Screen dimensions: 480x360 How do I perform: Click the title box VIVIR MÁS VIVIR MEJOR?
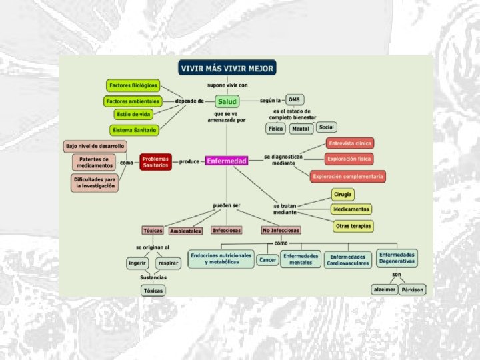(226, 68)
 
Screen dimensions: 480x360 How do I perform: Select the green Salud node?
(227, 101)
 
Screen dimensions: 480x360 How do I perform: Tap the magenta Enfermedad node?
(227, 161)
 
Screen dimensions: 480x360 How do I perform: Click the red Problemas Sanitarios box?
(155, 161)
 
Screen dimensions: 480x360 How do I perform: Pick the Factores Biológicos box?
(133, 85)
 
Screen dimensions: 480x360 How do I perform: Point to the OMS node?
(295, 100)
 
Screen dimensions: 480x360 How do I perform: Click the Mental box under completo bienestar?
(300, 128)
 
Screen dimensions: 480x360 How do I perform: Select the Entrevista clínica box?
(349, 143)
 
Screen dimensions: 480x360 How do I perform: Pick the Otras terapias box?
(352, 226)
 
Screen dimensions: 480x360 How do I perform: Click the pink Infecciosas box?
(227, 230)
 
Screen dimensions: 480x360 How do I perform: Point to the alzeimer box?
(385, 289)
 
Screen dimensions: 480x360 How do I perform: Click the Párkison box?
(413, 289)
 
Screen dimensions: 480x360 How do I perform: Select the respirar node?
(167, 263)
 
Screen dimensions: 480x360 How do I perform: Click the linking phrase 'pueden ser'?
(227, 204)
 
